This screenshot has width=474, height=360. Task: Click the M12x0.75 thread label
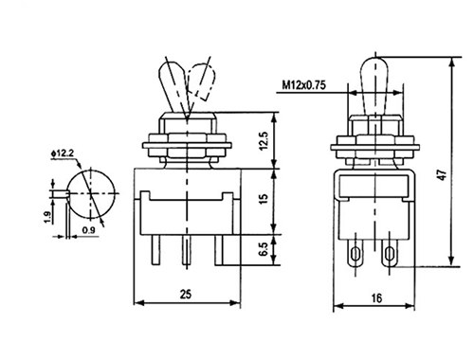303,85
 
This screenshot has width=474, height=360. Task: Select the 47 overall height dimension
444,174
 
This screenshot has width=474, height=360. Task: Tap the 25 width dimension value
186,295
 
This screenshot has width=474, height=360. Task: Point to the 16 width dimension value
376,297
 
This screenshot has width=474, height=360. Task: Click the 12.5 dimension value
264,141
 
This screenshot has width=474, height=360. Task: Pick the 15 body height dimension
264,199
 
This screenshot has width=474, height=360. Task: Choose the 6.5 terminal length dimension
264,249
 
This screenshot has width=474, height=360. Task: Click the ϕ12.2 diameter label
62,153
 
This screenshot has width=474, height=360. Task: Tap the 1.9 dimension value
47,218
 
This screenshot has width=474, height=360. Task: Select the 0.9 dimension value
88,230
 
